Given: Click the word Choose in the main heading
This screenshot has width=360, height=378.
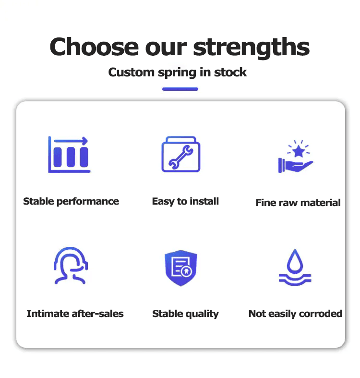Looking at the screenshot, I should [94, 47].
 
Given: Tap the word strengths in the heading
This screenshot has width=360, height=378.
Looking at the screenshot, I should [251, 47].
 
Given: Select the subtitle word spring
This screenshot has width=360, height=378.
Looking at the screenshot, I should [177, 73].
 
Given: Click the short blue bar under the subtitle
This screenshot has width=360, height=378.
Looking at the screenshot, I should [180, 89].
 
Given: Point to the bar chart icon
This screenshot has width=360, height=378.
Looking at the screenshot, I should [69, 155].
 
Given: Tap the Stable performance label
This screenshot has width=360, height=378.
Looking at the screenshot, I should [71, 201].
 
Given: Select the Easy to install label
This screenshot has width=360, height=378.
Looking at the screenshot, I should [185, 201].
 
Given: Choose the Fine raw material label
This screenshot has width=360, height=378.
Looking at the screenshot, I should [298, 203].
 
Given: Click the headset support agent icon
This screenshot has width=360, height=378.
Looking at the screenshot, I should [71, 265].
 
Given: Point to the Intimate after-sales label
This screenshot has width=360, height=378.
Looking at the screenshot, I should [75, 314].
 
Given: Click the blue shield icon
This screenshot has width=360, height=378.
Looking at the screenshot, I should [180, 268].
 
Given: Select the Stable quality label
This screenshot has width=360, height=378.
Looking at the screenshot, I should [185, 314].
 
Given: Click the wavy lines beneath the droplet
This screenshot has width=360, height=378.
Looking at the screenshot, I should [295, 279].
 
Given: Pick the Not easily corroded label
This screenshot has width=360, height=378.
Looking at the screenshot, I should [295, 314].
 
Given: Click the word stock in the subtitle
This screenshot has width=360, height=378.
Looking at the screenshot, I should [230, 73].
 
